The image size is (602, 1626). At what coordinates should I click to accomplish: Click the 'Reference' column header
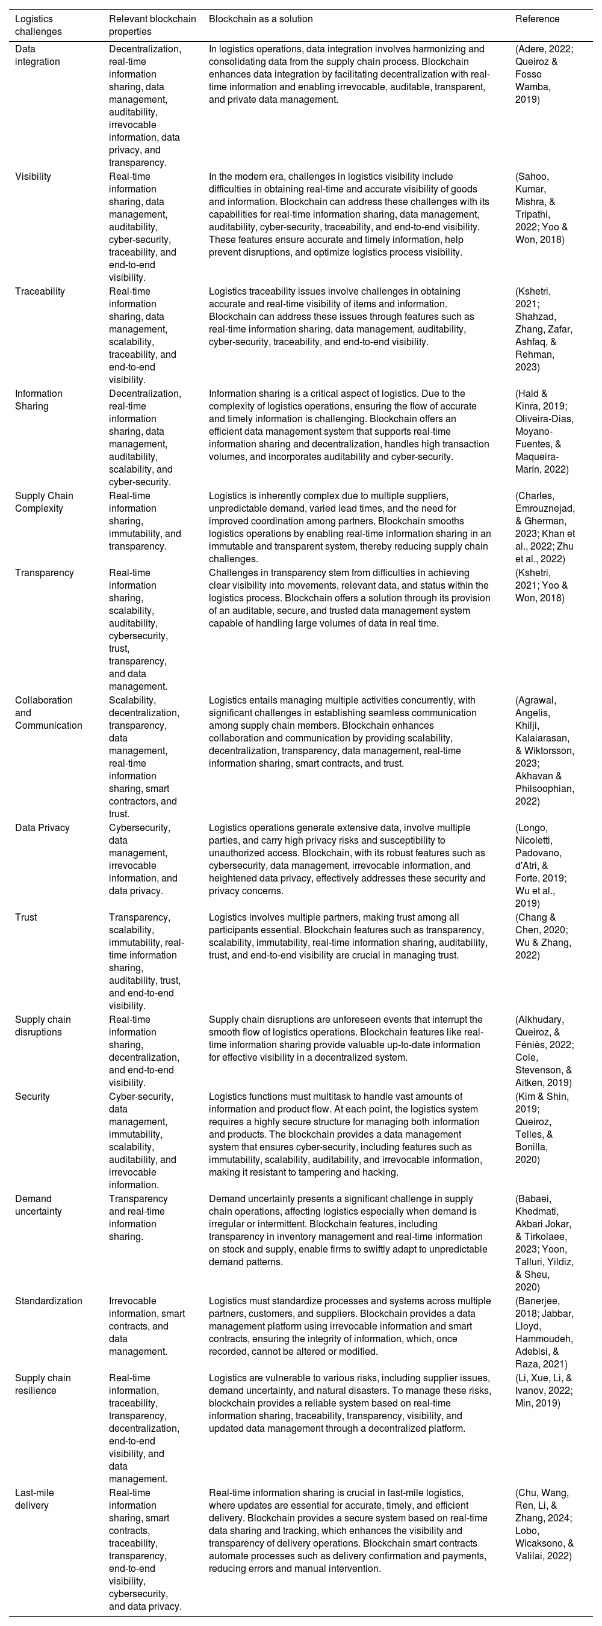537,19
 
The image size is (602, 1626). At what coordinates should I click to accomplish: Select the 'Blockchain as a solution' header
260,19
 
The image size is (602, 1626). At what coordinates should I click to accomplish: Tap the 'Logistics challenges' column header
39,25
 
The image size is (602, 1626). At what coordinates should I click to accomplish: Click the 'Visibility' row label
33,177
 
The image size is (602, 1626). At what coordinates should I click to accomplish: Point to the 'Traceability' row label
39,292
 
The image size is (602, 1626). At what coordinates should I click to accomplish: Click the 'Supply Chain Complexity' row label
44,503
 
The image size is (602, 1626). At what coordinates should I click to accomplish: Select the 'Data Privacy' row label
41,828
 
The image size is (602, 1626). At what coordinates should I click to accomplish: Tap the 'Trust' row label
26,918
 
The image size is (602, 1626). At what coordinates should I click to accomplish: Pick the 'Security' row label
33,1097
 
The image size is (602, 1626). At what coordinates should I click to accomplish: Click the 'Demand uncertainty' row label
39,1206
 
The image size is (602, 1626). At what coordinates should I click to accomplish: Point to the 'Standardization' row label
49,1301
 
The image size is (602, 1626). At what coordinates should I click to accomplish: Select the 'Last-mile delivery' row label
35,1500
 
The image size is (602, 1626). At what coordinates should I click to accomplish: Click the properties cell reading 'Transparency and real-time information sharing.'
138,1218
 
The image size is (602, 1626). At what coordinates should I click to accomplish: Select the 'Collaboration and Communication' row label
49,713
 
